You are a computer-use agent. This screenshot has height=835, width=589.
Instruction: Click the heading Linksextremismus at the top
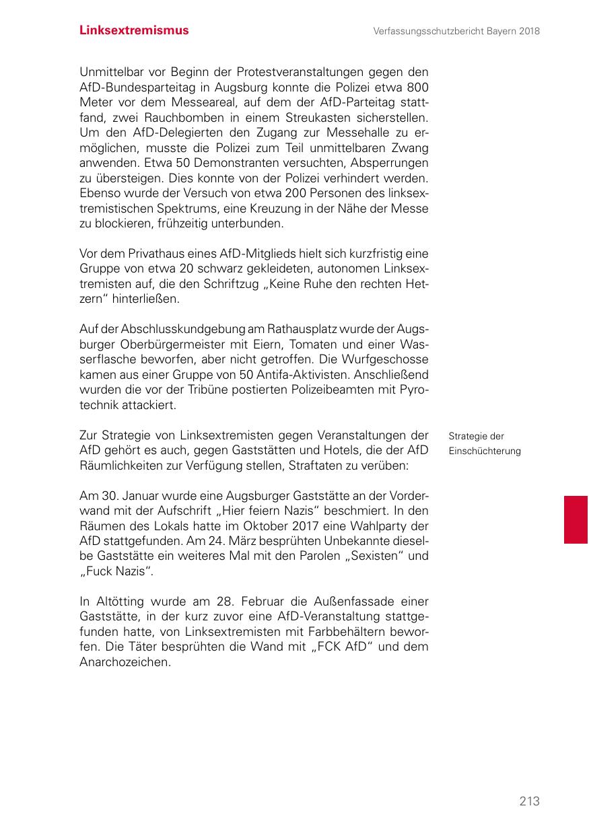coord(134,30)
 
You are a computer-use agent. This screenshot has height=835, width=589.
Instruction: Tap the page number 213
coord(529,801)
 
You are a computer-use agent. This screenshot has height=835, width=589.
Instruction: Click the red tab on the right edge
coord(576,519)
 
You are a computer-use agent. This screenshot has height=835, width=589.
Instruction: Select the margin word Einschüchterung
coord(485,451)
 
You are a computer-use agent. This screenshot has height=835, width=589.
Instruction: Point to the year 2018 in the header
coord(528,31)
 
